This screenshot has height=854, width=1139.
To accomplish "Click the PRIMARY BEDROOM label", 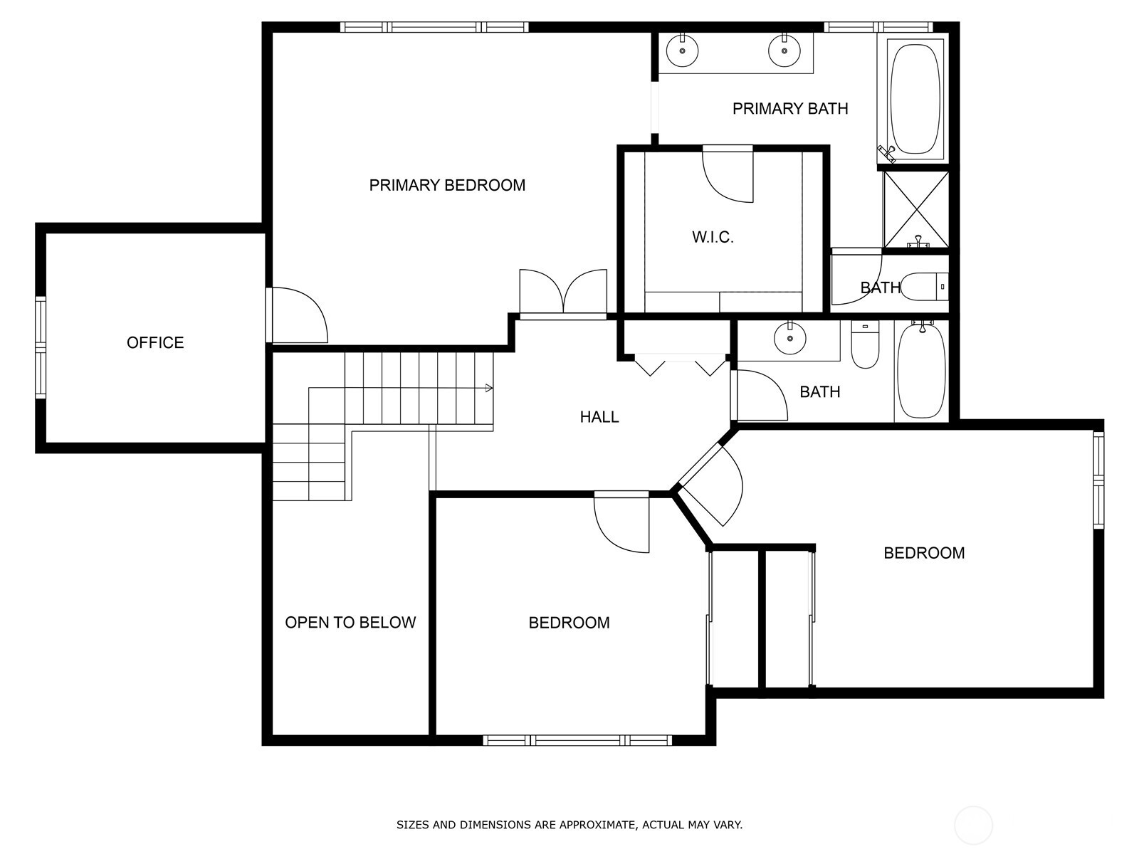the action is (447, 185).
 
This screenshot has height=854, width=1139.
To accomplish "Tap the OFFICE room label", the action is (155, 343).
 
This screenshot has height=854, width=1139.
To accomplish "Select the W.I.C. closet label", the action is (713, 238).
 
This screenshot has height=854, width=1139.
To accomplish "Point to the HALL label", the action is (599, 417).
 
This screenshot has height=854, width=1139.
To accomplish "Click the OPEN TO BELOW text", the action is (350, 622).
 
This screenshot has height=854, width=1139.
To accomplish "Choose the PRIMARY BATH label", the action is (790, 108).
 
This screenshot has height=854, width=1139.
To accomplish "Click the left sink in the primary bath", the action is (682, 50).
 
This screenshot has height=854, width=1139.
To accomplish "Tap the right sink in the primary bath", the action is (784, 50).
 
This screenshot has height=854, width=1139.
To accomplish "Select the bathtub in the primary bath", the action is (915, 98).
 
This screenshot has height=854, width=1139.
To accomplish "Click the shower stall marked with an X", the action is (916, 209).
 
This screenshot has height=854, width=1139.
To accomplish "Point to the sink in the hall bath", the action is (789, 337).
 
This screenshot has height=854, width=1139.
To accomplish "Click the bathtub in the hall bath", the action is (922, 370).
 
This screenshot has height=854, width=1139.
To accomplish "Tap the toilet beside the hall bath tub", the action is (865, 344).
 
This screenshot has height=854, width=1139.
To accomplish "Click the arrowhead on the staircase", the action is (489, 388).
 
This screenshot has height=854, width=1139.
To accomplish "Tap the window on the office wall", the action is (41, 347).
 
